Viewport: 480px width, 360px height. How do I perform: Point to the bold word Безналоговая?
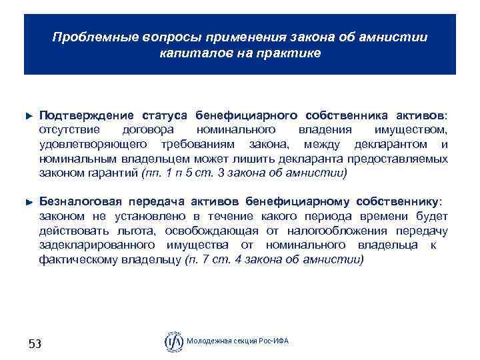pyautogui.click(x=79, y=201)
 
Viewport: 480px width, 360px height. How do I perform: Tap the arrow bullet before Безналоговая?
pyautogui.click(x=28, y=201)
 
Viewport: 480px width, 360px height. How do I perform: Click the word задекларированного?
pyautogui.click(x=95, y=245)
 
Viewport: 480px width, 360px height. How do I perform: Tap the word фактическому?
pyautogui.click(x=80, y=260)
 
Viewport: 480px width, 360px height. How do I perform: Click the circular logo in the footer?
pyautogui.click(x=174, y=341)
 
